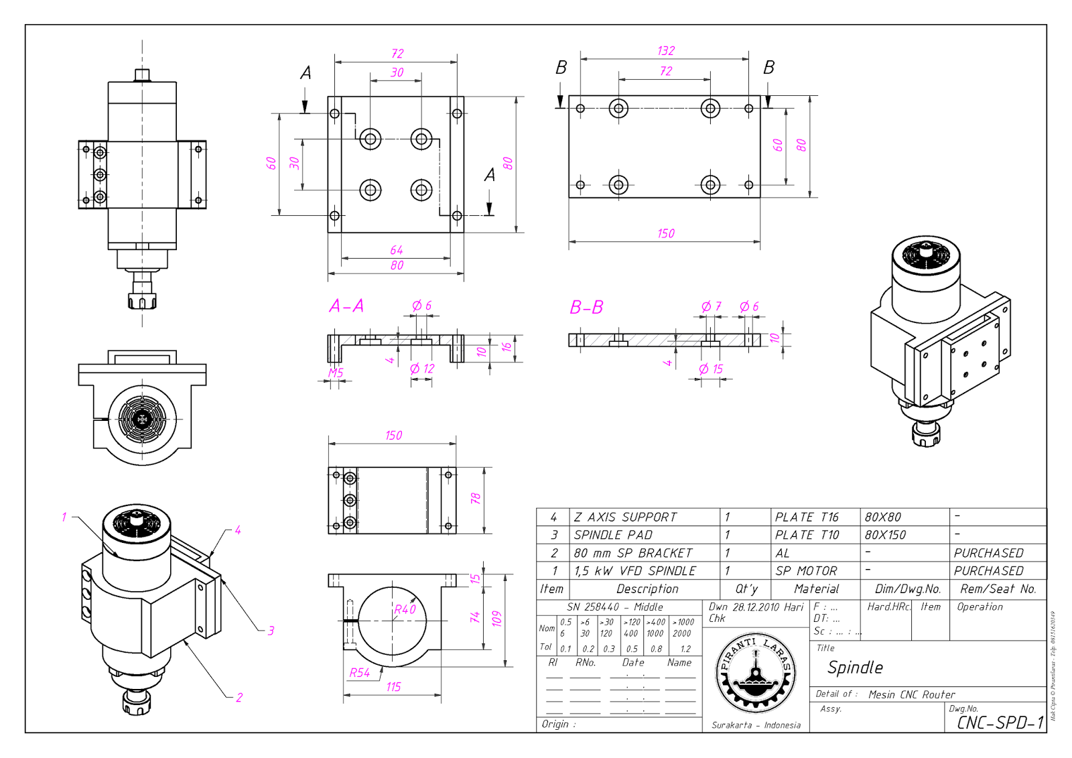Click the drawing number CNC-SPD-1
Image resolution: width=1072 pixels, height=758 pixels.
click(1000, 722)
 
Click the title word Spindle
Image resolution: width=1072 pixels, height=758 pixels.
click(855, 668)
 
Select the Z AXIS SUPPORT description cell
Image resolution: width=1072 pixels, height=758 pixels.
click(625, 517)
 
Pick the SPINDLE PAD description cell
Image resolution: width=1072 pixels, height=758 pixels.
click(613, 535)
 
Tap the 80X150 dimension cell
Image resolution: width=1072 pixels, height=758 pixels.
click(884, 535)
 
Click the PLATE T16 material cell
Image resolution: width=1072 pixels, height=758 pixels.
click(807, 517)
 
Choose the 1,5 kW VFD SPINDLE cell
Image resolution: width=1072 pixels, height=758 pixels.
click(634, 571)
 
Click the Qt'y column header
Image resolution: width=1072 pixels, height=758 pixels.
click(746, 589)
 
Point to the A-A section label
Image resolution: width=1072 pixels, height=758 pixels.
click(346, 306)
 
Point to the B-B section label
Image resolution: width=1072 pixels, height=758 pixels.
click(586, 308)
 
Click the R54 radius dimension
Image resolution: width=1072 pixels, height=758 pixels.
click(360, 673)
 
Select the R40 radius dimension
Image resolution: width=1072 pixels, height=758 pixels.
click(405, 609)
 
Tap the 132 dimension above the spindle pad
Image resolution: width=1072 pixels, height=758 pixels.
click(666, 51)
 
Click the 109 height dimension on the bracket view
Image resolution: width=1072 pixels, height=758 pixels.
click(496, 619)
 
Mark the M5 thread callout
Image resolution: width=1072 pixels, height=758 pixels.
click(336, 373)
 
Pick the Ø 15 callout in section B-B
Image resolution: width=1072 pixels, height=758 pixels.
click(711, 369)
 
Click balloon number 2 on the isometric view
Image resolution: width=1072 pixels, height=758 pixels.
click(239, 698)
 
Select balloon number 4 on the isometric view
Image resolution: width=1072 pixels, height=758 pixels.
click(238, 530)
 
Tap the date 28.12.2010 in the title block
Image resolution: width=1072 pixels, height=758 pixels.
click(756, 607)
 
